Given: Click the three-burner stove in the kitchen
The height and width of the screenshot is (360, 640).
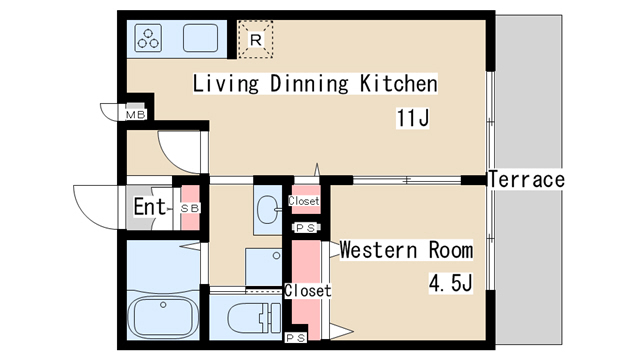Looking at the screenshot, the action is tap(148, 38).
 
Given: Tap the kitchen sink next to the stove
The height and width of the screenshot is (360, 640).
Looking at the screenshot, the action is tap(200, 38).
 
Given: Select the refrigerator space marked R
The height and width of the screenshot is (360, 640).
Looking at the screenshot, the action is tap(256, 40).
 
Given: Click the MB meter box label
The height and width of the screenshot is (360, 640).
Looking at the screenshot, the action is tap(136, 115).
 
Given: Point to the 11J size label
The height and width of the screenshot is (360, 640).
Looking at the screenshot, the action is tap(413, 118).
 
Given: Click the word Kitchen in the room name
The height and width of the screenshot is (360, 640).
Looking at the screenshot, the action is tap(398, 84).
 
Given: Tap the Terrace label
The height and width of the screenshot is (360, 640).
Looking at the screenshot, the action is tap(527, 180).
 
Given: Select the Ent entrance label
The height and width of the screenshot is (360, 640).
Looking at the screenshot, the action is tap(149, 207).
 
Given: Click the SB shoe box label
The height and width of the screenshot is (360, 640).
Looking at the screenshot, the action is tap(190, 208).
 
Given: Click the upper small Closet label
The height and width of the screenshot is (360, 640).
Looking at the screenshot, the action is tap(304, 201).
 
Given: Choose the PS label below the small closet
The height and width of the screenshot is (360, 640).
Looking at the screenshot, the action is tap(305, 228).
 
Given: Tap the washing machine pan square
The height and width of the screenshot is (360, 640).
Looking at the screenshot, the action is tap(264, 267).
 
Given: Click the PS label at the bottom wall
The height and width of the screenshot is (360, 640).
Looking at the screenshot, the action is tap(296, 338).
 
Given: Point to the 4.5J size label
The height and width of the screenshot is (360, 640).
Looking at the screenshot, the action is tap(451, 283).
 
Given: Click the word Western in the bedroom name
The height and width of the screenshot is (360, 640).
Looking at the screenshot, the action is tap(378, 250).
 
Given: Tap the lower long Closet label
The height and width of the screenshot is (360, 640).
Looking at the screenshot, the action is tap(308, 291).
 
